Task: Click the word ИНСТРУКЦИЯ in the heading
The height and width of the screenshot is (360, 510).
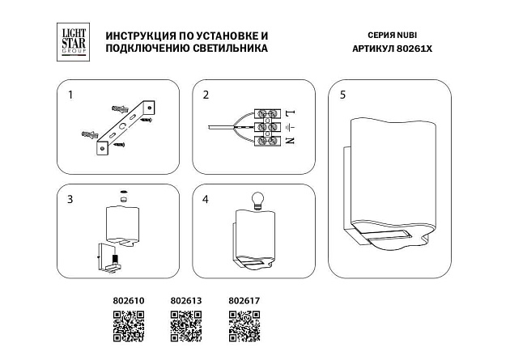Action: (x=129, y=37)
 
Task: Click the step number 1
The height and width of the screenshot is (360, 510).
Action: (x=70, y=95)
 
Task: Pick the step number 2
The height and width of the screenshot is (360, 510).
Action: (x=206, y=95)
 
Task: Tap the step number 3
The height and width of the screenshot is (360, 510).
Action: (x=70, y=198)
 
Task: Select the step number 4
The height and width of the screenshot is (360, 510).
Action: (x=206, y=198)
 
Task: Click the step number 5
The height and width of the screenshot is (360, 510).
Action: (x=343, y=95)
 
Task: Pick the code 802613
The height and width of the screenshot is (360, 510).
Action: (x=186, y=300)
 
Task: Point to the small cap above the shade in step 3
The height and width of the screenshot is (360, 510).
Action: (x=122, y=193)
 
